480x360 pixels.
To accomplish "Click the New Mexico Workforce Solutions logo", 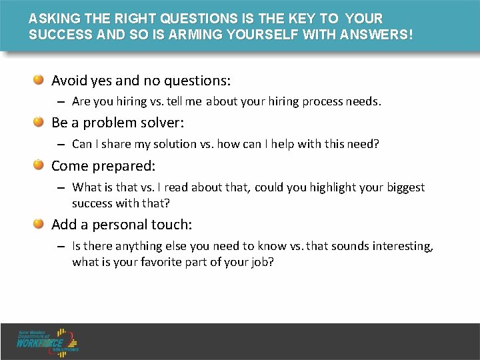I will tap(49, 341).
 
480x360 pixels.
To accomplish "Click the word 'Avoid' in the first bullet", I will tap(69, 81).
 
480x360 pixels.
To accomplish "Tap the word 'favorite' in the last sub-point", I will tap(167, 262).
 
